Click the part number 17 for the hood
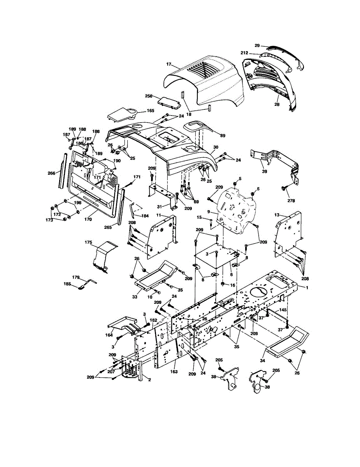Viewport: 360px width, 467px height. coord(169,65)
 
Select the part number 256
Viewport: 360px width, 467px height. coord(149,96)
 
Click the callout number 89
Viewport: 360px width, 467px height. coord(222,135)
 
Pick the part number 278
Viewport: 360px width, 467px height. coord(291,201)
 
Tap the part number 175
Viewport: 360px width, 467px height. coord(88,242)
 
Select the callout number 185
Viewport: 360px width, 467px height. coord(67,284)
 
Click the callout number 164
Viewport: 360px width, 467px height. coord(109,335)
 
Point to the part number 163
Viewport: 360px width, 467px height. coord(174,372)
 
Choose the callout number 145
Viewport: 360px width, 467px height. coord(283,310)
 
